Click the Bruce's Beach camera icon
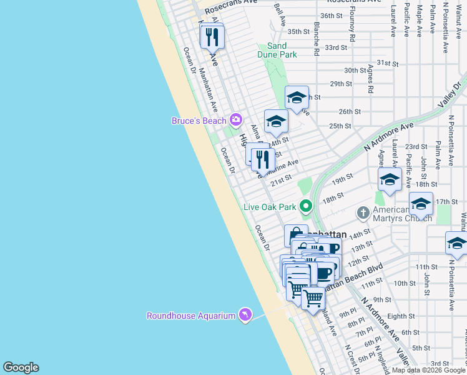pos(235,119)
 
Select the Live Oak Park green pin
pos(305,205)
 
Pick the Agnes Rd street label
pos(370,79)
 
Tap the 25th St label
pos(340,126)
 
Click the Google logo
pos(21,367)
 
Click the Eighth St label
pos(400,316)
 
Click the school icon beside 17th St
pos(421,204)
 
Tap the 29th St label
pos(342,84)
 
